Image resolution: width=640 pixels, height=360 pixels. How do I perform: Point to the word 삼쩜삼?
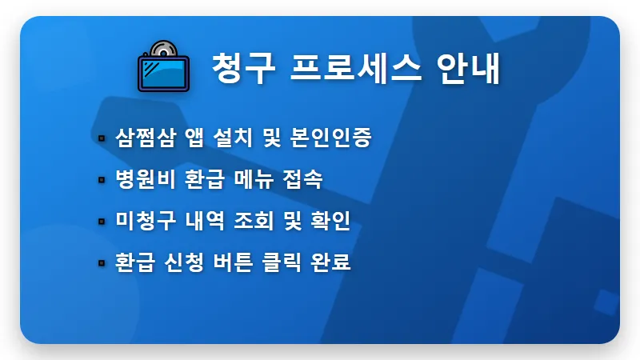coord(138,137)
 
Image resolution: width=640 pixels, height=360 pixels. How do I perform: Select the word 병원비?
coord(138,179)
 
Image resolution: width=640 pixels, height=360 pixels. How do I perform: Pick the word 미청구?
coord(138,221)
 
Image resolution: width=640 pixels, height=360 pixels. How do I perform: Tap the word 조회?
coord(251,221)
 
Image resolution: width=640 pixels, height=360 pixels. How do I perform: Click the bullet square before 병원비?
coord(102,180)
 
